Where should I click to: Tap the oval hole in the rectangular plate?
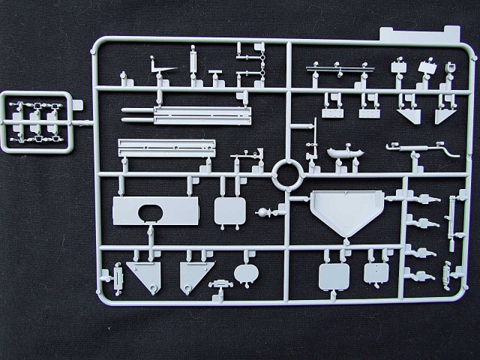pyautogui.click(x=150, y=214)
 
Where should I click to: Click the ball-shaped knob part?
pyautogui.click(x=263, y=215)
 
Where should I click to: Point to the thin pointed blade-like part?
pyautogui.click(x=171, y=70)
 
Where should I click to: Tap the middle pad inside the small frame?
pyautogui.click(x=37, y=119)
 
